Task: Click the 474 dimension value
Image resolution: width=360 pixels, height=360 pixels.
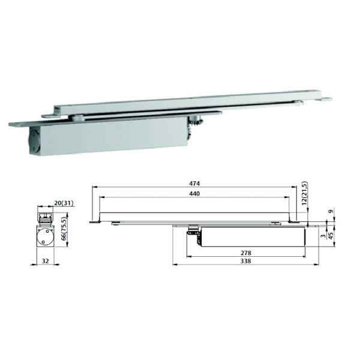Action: (194, 184)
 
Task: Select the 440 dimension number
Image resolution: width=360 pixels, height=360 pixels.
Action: (194, 194)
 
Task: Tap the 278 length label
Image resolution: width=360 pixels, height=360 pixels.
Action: (246, 253)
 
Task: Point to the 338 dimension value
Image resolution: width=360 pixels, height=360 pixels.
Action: (246, 261)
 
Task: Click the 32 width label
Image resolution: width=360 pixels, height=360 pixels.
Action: (46, 261)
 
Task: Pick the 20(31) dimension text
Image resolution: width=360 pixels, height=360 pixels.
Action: (64, 203)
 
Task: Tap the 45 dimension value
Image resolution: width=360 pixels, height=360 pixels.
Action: (331, 236)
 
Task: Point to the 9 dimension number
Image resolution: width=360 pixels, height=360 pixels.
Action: (331, 211)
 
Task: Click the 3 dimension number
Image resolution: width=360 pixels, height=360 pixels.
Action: (323, 236)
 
